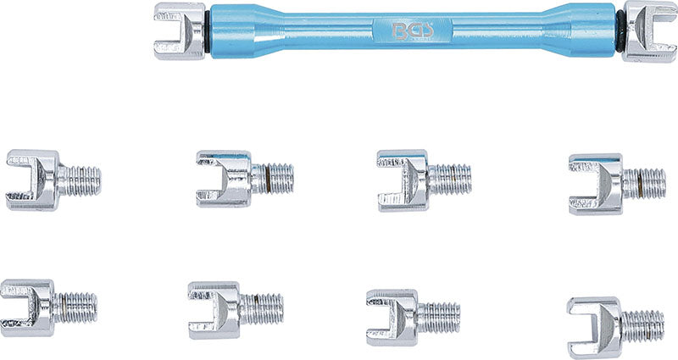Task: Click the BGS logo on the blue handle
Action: [412, 32]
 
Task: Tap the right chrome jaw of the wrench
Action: [648, 31]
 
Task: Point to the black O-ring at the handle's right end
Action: [620, 32]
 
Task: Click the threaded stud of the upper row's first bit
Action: [83, 180]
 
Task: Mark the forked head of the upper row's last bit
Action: [596, 183]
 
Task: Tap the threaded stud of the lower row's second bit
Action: [264, 309]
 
